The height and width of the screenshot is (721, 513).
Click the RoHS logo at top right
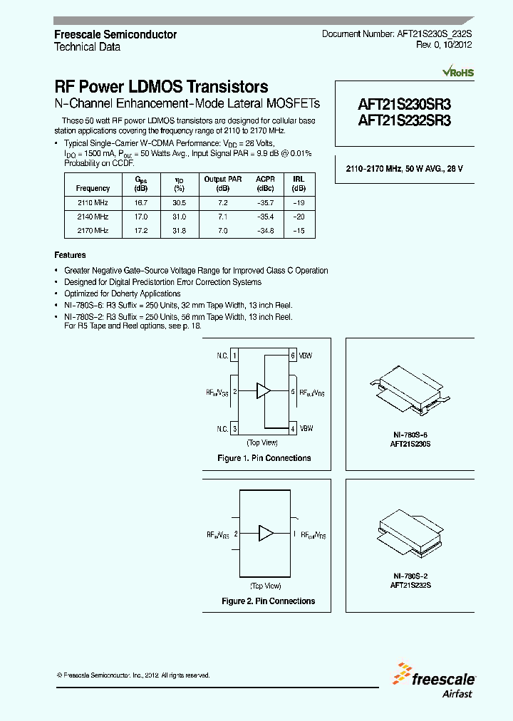(458, 73)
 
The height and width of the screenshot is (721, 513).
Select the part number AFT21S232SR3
(404, 120)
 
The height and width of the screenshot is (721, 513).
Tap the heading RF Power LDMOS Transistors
(162, 87)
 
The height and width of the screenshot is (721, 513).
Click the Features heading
(70, 255)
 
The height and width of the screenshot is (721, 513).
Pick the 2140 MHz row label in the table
(93, 216)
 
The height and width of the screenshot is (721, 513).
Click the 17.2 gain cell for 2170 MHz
(141, 230)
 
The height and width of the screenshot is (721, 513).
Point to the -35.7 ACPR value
(265, 202)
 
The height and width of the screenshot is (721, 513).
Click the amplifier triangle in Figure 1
(264, 391)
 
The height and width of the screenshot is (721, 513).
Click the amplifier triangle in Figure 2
(266, 533)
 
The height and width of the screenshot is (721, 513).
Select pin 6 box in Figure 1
(292, 355)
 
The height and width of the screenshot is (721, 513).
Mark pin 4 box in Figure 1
(292, 428)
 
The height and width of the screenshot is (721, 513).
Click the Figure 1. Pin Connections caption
(264, 458)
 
